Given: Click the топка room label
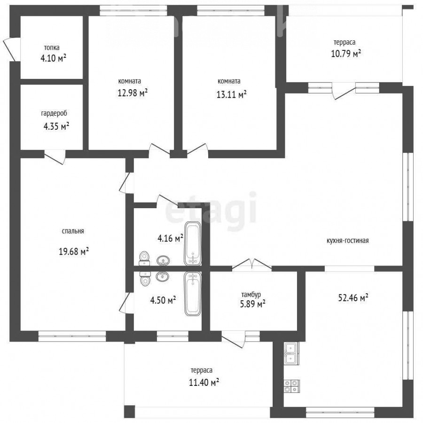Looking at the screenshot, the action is [52, 48].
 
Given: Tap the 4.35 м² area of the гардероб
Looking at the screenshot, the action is [56, 126].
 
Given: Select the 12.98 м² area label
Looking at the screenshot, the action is [133, 93].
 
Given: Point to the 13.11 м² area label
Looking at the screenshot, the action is [231, 94].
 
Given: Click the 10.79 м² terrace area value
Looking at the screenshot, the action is [346, 54].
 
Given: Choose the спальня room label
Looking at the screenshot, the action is [73, 231].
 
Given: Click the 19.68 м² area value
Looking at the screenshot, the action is [74, 251].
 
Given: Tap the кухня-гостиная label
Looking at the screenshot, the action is [347, 241].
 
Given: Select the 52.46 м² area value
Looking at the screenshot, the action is [353, 298].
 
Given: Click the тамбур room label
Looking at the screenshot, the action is [251, 294].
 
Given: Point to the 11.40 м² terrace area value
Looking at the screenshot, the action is [204, 382].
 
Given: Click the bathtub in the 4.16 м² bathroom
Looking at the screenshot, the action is [193, 243].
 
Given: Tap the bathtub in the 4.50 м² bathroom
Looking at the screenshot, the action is [193, 293].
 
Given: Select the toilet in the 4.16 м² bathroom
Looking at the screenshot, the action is [144, 258].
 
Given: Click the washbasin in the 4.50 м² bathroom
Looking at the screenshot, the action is [163, 276].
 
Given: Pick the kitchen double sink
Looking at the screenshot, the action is [291, 353].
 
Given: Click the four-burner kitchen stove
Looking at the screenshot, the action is [291, 386].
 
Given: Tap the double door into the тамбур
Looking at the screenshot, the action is [252, 264].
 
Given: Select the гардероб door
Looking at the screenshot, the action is [55, 157].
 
